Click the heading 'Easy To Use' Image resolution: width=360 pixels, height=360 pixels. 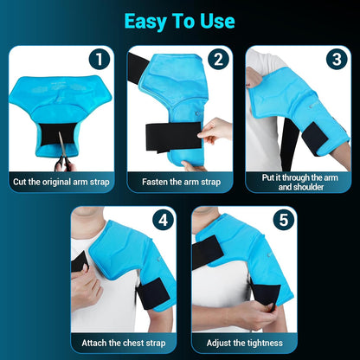click(x=180, y=22)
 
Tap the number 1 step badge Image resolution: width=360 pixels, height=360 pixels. click(x=100, y=61)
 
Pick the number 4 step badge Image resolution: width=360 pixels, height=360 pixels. click(x=160, y=220)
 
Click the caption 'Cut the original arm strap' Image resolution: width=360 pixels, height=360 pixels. click(x=61, y=183)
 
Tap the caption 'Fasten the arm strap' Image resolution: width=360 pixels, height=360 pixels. click(x=180, y=183)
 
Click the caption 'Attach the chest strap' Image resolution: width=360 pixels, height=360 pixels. click(x=120, y=342)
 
